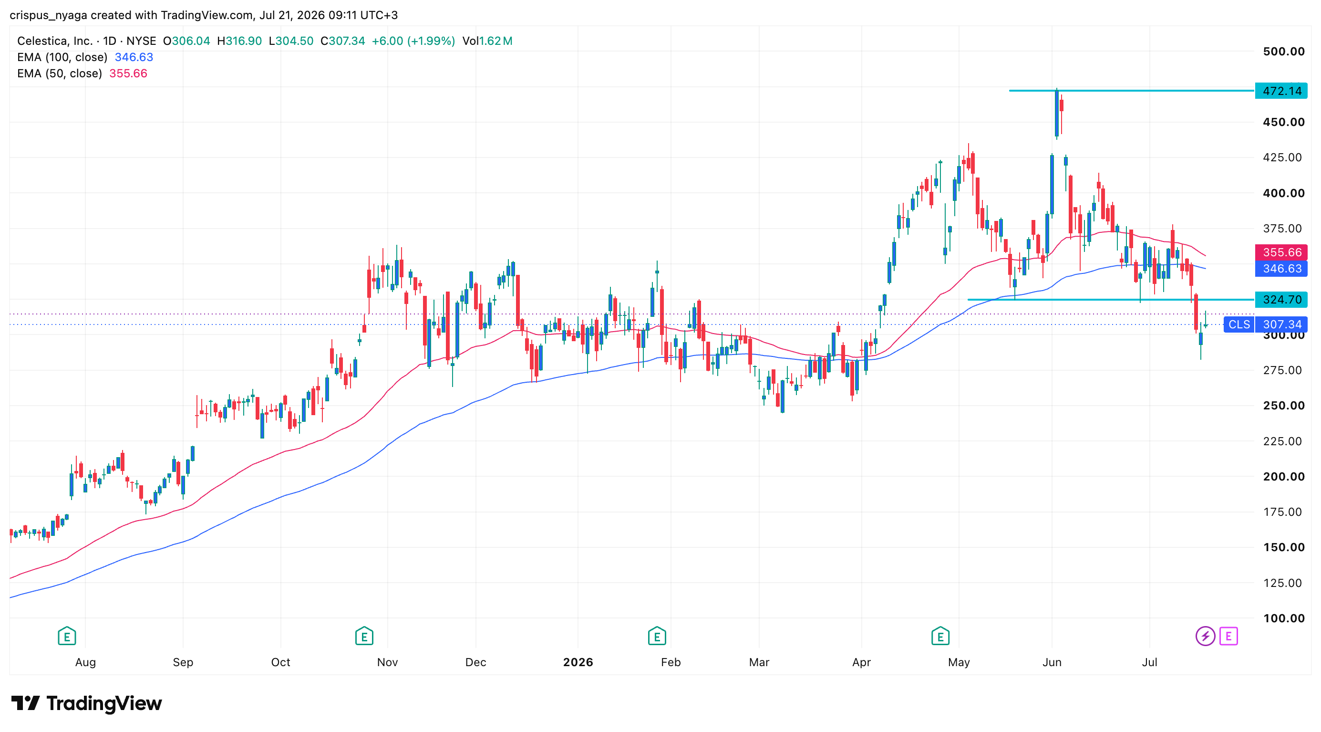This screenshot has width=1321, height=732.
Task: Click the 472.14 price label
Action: pos(1281,91)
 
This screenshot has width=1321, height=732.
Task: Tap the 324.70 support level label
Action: pos(1281,299)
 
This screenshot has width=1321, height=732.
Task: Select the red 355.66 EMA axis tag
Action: pos(1281,252)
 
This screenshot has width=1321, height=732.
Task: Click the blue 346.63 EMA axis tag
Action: pos(1281,268)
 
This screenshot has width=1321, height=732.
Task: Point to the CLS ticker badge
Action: pos(1239,324)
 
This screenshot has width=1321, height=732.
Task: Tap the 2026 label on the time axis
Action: pos(578,662)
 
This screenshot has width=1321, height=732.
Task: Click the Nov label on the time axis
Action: pos(387,662)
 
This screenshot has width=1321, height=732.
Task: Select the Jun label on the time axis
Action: pos(1052,662)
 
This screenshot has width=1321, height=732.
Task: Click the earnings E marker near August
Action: pos(67,636)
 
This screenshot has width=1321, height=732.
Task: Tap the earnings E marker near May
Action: pos(940,636)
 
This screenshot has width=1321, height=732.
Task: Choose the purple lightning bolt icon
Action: pos(1205,636)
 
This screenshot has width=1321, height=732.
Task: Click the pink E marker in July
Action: pos(1228,636)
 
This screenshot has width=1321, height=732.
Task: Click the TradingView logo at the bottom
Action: pos(86,703)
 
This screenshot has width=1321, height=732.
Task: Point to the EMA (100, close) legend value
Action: pos(134,57)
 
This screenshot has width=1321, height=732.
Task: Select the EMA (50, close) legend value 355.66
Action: pos(128,73)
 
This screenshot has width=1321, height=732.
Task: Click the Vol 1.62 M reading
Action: pos(487,41)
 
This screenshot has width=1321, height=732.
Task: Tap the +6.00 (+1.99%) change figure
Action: pos(413,41)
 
